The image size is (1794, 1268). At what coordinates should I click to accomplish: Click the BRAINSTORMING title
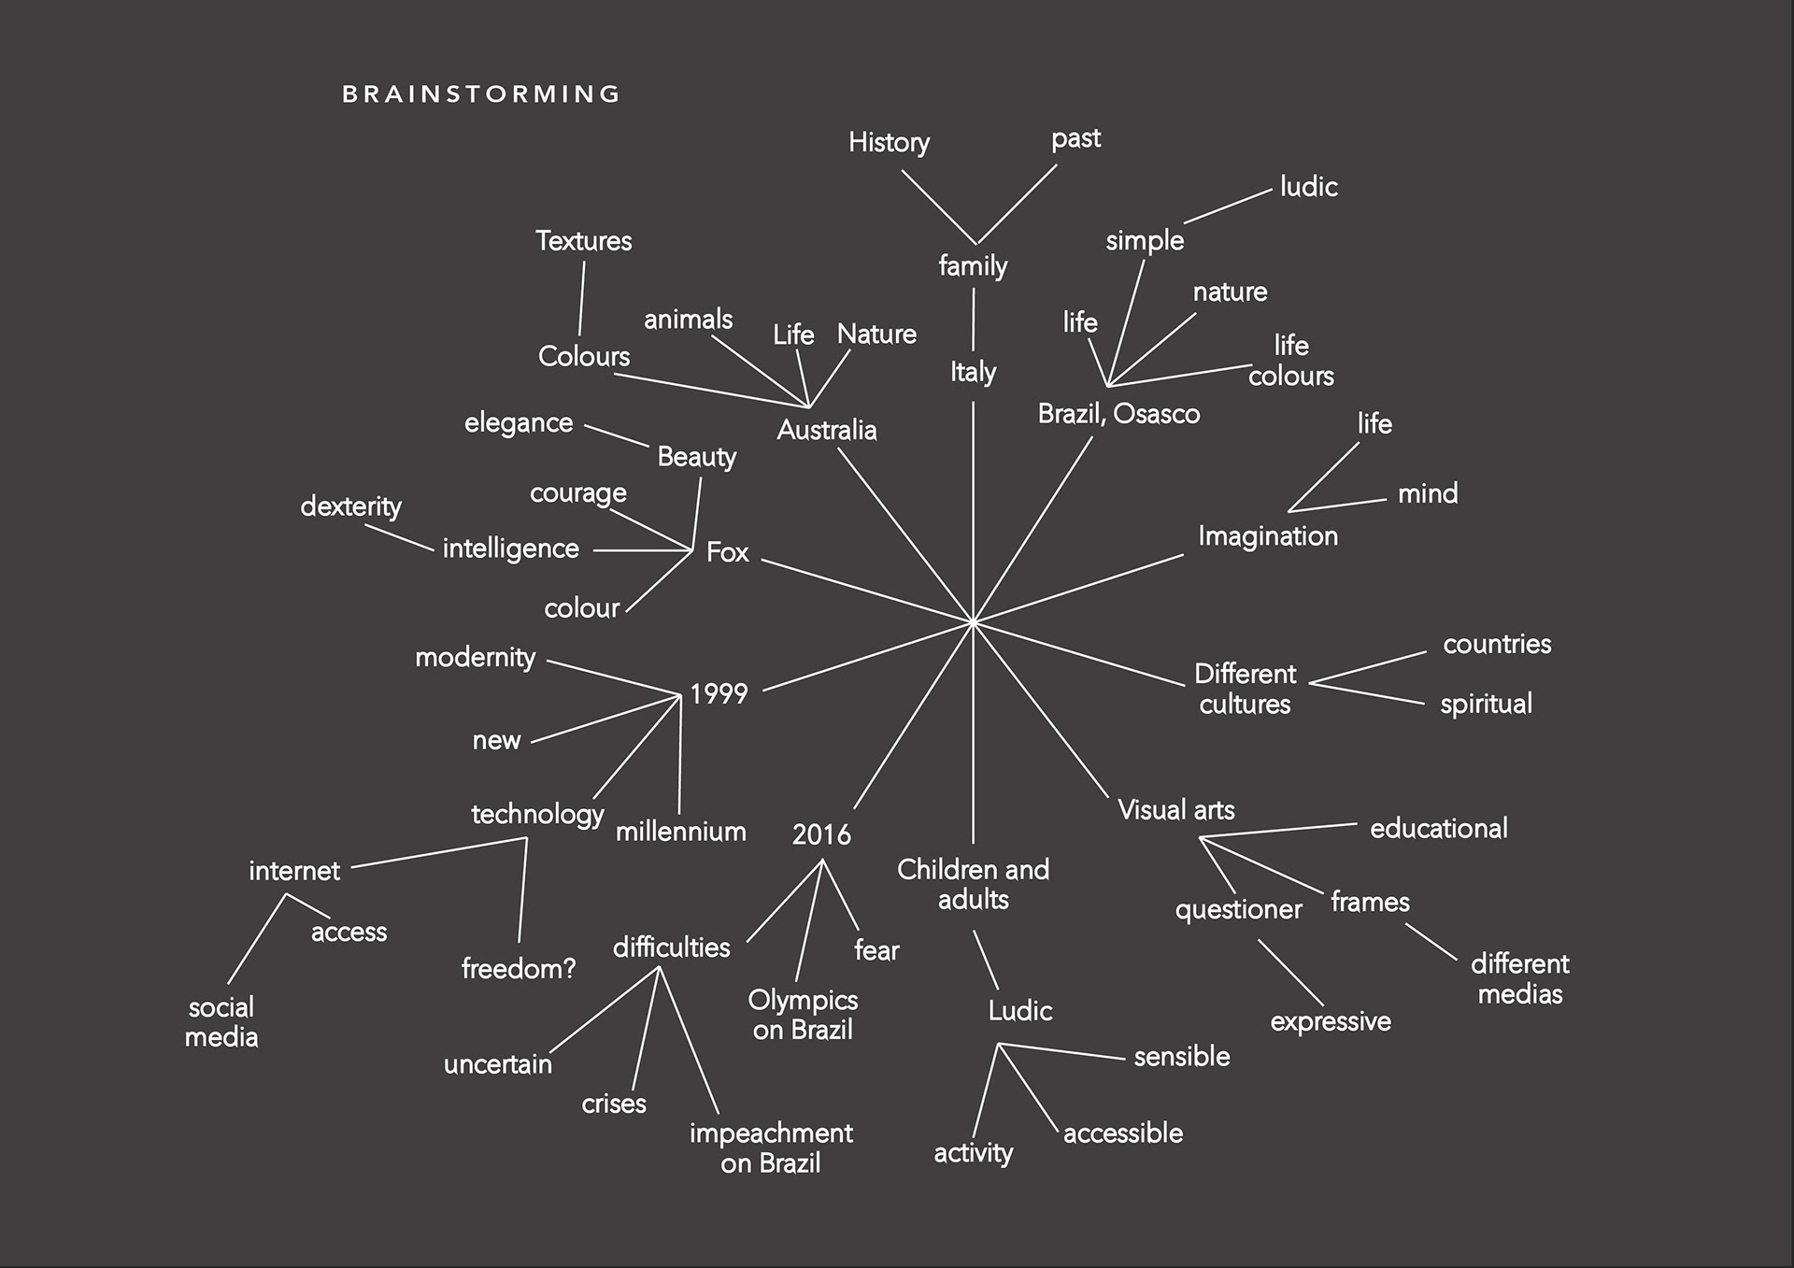(x=481, y=94)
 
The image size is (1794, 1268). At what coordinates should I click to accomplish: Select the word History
(x=889, y=142)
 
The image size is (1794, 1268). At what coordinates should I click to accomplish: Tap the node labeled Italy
(x=973, y=372)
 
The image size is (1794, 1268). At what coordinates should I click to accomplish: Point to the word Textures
(x=583, y=241)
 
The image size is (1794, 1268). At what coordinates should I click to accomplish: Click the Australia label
(x=827, y=430)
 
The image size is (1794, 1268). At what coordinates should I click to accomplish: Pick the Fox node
(x=727, y=552)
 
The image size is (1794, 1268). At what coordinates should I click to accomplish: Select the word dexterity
(x=350, y=506)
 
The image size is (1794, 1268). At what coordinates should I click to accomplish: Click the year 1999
(x=719, y=693)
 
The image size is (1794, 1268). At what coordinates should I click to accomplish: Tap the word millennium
(x=680, y=831)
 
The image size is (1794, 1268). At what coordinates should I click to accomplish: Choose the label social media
(x=221, y=1021)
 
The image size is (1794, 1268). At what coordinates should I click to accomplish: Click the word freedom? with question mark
(x=519, y=968)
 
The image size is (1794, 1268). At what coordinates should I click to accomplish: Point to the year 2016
(x=821, y=834)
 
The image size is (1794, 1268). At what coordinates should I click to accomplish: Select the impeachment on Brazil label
(x=771, y=1147)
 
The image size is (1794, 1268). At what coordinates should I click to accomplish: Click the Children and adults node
(x=973, y=884)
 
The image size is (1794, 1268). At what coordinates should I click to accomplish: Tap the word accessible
(x=1122, y=1133)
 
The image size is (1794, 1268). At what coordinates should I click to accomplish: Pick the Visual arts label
(x=1175, y=809)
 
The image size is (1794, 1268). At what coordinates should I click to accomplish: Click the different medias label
(x=1519, y=978)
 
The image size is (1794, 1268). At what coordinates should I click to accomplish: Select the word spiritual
(x=1486, y=704)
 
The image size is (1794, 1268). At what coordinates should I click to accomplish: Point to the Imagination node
(x=1267, y=535)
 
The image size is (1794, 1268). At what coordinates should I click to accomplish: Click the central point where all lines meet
(x=973, y=620)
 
